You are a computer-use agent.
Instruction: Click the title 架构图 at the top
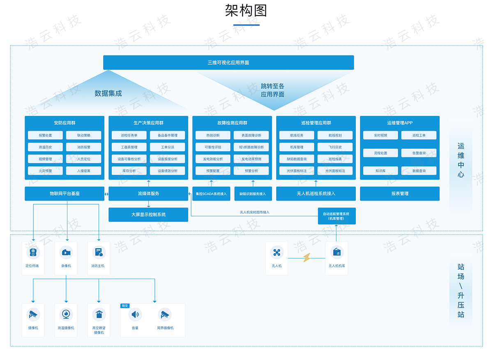tap(246, 11)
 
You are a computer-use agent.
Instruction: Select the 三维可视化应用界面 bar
tap(228, 62)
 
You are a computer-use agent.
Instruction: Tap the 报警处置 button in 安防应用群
tap(45, 135)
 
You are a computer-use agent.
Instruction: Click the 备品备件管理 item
tap(167, 135)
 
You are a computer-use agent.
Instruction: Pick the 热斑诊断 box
tap(213, 135)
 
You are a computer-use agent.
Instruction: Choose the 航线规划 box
tap(335, 135)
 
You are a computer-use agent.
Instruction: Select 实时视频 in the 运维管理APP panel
tap(380, 135)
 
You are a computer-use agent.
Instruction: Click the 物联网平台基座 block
tap(65, 194)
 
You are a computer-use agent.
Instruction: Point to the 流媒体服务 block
tap(148, 194)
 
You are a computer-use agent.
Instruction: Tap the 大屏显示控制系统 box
tap(148, 215)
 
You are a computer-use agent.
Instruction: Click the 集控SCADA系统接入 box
tap(211, 194)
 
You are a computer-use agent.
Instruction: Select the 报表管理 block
tap(400, 194)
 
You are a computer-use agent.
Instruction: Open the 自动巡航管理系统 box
tap(336, 216)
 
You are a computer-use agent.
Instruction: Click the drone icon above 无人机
tap(276, 252)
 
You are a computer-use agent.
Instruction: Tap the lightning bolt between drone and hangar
tap(306, 258)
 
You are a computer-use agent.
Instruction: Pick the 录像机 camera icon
tap(66, 252)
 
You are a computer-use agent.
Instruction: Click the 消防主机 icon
tap(99, 252)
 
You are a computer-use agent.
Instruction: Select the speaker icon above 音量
tap(135, 315)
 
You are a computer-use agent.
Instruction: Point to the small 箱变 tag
tap(125, 306)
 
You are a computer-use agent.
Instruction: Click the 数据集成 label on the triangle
tap(108, 93)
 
